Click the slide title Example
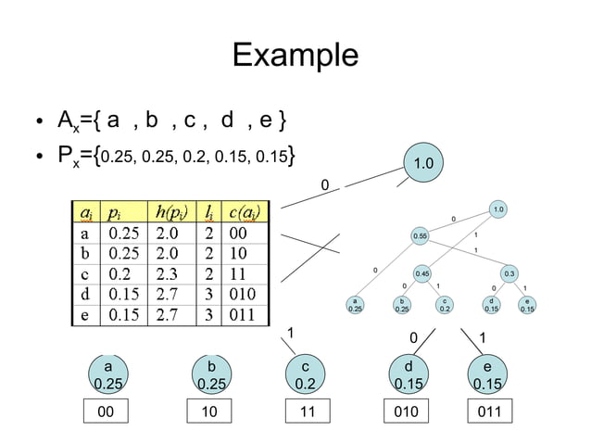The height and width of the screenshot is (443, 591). [x=295, y=55]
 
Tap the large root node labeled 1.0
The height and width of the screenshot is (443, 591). [x=424, y=163]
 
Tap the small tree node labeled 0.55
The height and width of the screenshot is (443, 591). [x=421, y=237]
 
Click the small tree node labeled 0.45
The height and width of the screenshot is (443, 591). [x=422, y=273]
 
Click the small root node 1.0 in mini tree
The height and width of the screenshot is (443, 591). [x=498, y=210]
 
